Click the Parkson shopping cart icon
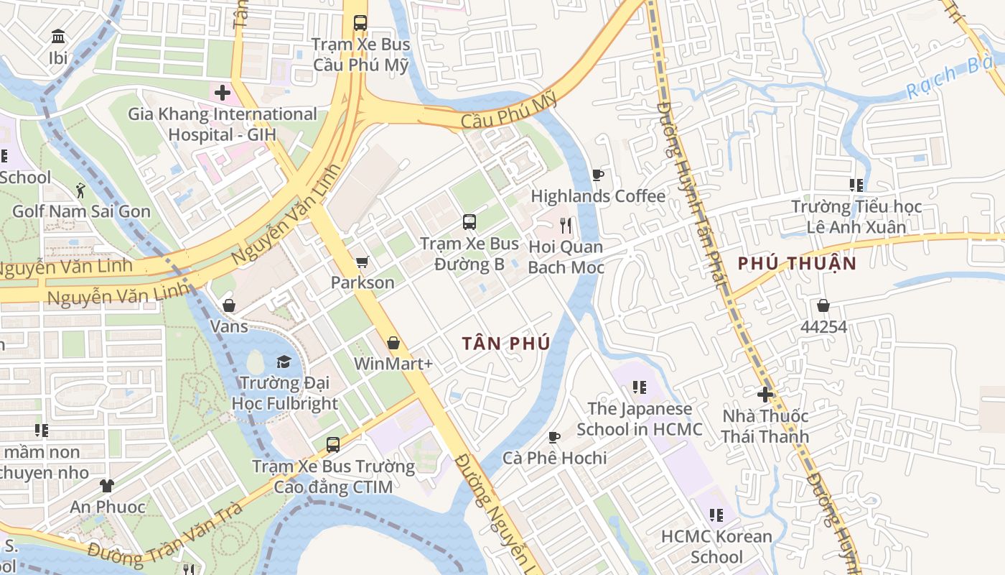tap(362, 262)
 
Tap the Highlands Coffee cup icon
tap(597, 175)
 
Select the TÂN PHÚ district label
tap(506, 344)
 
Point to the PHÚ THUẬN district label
tap(797, 263)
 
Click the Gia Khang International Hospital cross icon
tap(223, 93)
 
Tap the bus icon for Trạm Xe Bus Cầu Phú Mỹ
tap(360, 23)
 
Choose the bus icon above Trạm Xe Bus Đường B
tap(469, 222)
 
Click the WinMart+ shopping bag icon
tap(393, 343)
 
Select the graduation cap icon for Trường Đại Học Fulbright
tap(284, 362)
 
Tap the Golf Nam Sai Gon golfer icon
tap(80, 190)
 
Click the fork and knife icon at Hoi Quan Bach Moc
tap(566, 226)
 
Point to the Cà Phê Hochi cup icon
tap(554, 437)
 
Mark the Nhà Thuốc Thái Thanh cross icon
tap(765, 394)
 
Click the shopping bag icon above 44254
tap(823, 305)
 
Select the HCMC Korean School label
tap(716, 546)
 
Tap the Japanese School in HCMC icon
tap(639, 388)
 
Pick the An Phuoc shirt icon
tap(107, 486)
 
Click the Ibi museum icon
tap(58, 36)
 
